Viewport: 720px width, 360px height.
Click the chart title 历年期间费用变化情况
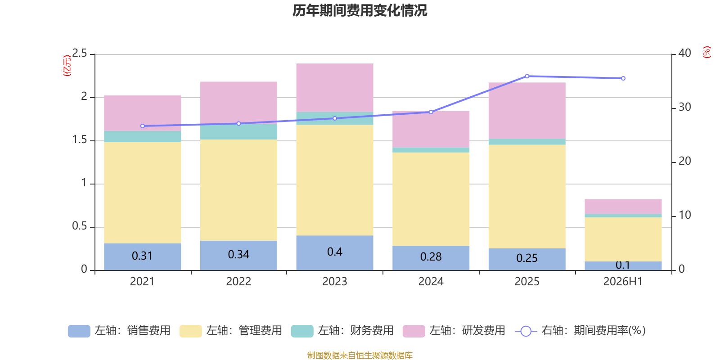(x=360, y=11)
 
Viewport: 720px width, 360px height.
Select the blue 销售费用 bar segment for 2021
(x=142, y=257)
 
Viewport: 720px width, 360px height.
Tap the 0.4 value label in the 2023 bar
(x=335, y=252)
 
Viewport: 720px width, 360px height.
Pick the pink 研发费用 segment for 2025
(x=527, y=111)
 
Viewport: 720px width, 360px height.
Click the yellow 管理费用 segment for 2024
(x=431, y=199)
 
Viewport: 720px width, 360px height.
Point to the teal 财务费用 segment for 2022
(x=238, y=132)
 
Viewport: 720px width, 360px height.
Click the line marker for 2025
(x=527, y=76)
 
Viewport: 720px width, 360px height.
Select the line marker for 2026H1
(x=623, y=78)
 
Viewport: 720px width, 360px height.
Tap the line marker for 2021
(x=142, y=126)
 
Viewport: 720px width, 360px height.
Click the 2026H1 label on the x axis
(x=623, y=282)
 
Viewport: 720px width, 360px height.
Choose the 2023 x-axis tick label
(x=335, y=282)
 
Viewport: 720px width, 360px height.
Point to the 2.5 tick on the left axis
(x=79, y=53)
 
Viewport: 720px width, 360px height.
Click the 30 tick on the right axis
(x=684, y=108)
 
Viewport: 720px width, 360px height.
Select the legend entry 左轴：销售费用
(x=119, y=331)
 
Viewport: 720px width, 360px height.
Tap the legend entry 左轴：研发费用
(x=454, y=331)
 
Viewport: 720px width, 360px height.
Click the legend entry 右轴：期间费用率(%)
(x=580, y=331)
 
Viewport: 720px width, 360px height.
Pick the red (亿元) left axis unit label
(x=67, y=66)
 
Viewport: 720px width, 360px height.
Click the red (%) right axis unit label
(x=706, y=52)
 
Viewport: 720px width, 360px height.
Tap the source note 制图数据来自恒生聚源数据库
(x=360, y=355)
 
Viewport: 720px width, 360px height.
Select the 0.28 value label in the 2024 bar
(x=431, y=257)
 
